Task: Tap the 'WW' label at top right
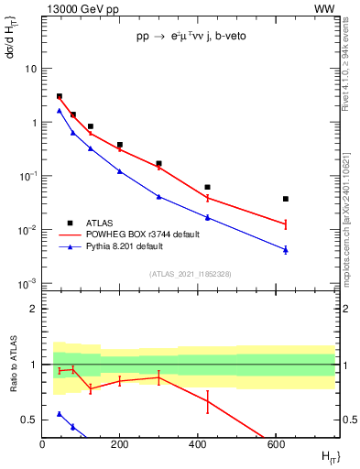coord(324,8)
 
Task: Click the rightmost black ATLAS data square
coord(286,199)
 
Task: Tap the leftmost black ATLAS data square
coord(60,96)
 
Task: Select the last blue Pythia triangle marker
coord(286,249)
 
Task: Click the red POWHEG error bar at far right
coord(286,224)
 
